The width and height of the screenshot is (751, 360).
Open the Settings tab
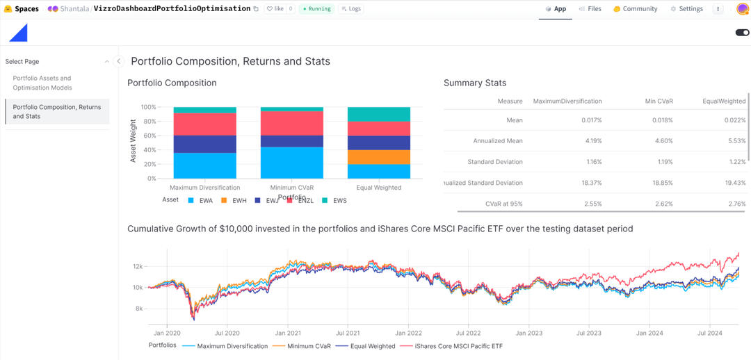(686, 9)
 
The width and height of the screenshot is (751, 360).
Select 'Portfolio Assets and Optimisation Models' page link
(42, 83)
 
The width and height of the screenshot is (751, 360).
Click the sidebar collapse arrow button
(118, 61)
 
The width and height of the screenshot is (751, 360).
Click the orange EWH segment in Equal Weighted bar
(379, 157)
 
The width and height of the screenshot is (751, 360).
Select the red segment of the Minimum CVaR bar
(292, 123)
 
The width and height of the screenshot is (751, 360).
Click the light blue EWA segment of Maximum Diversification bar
(205, 165)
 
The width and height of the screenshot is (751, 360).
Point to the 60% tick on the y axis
(149, 136)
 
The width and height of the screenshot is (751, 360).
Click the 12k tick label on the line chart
(138, 267)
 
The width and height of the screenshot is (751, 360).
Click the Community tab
(635, 9)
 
